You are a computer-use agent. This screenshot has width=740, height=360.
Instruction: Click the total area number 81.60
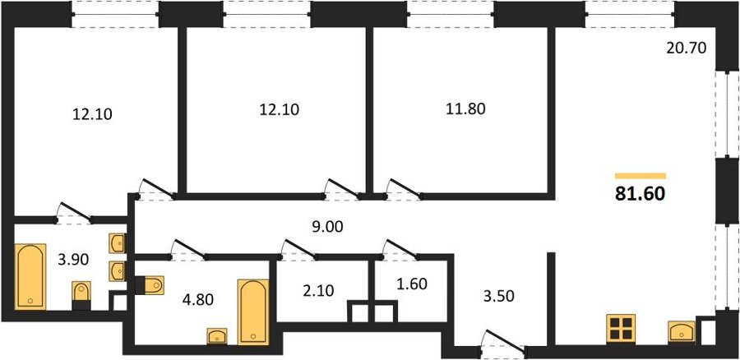640,193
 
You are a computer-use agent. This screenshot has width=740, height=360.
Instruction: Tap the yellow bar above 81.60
640,176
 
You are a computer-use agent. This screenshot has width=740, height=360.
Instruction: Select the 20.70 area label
687,48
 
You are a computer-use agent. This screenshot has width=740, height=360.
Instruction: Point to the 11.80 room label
465,109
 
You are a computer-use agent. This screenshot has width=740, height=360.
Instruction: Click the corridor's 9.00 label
327,228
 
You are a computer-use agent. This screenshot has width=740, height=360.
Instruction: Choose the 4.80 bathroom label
198,299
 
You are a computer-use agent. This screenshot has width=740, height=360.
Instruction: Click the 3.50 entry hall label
498,297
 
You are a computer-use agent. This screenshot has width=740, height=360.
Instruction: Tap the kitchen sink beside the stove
682,331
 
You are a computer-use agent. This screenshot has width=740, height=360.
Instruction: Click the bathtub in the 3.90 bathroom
30,276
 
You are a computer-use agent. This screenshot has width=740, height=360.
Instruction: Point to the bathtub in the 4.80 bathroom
253,312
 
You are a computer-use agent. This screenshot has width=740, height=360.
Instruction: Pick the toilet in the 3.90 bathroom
81,295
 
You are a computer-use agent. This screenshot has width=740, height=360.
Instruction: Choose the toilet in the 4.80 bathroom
150,285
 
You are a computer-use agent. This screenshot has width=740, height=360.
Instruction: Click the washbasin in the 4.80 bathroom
217,336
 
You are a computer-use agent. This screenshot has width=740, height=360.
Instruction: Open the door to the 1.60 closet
400,250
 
